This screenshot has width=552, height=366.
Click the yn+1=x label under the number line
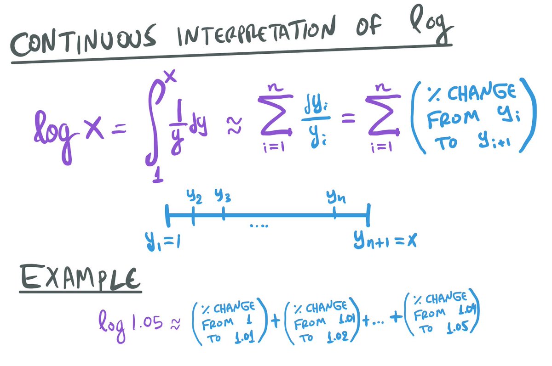click(385, 240)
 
